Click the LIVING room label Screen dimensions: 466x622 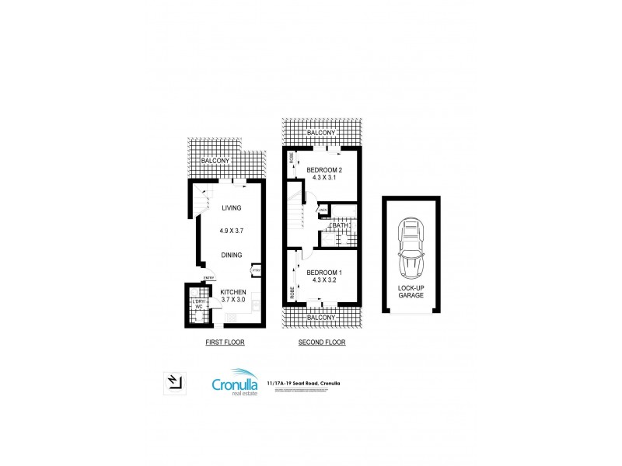(x=231, y=207)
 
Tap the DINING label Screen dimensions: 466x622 (x=231, y=255)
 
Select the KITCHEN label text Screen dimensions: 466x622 (x=233, y=291)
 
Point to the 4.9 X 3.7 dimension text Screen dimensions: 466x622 (x=231, y=231)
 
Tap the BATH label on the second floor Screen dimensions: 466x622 (x=339, y=226)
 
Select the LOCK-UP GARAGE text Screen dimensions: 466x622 (x=411, y=290)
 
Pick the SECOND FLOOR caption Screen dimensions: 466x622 (x=322, y=342)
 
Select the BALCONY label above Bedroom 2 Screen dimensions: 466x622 (x=321, y=134)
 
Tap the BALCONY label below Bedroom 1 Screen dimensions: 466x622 (x=321, y=317)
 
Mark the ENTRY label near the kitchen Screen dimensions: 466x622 (x=208, y=278)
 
